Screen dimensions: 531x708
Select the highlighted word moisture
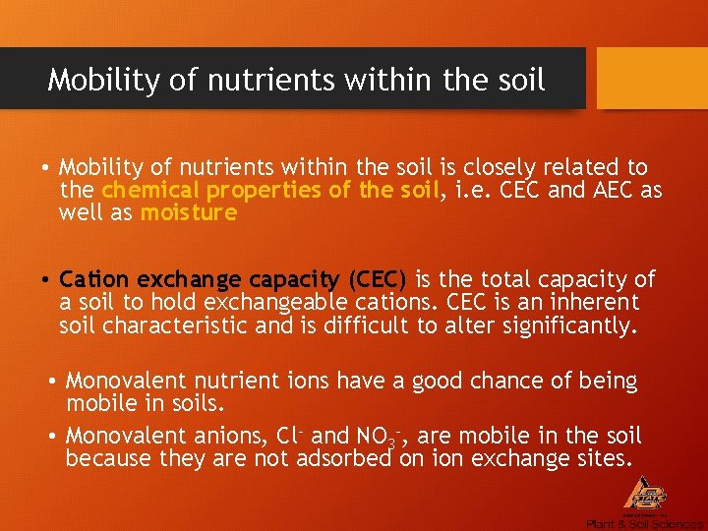coord(189,212)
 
